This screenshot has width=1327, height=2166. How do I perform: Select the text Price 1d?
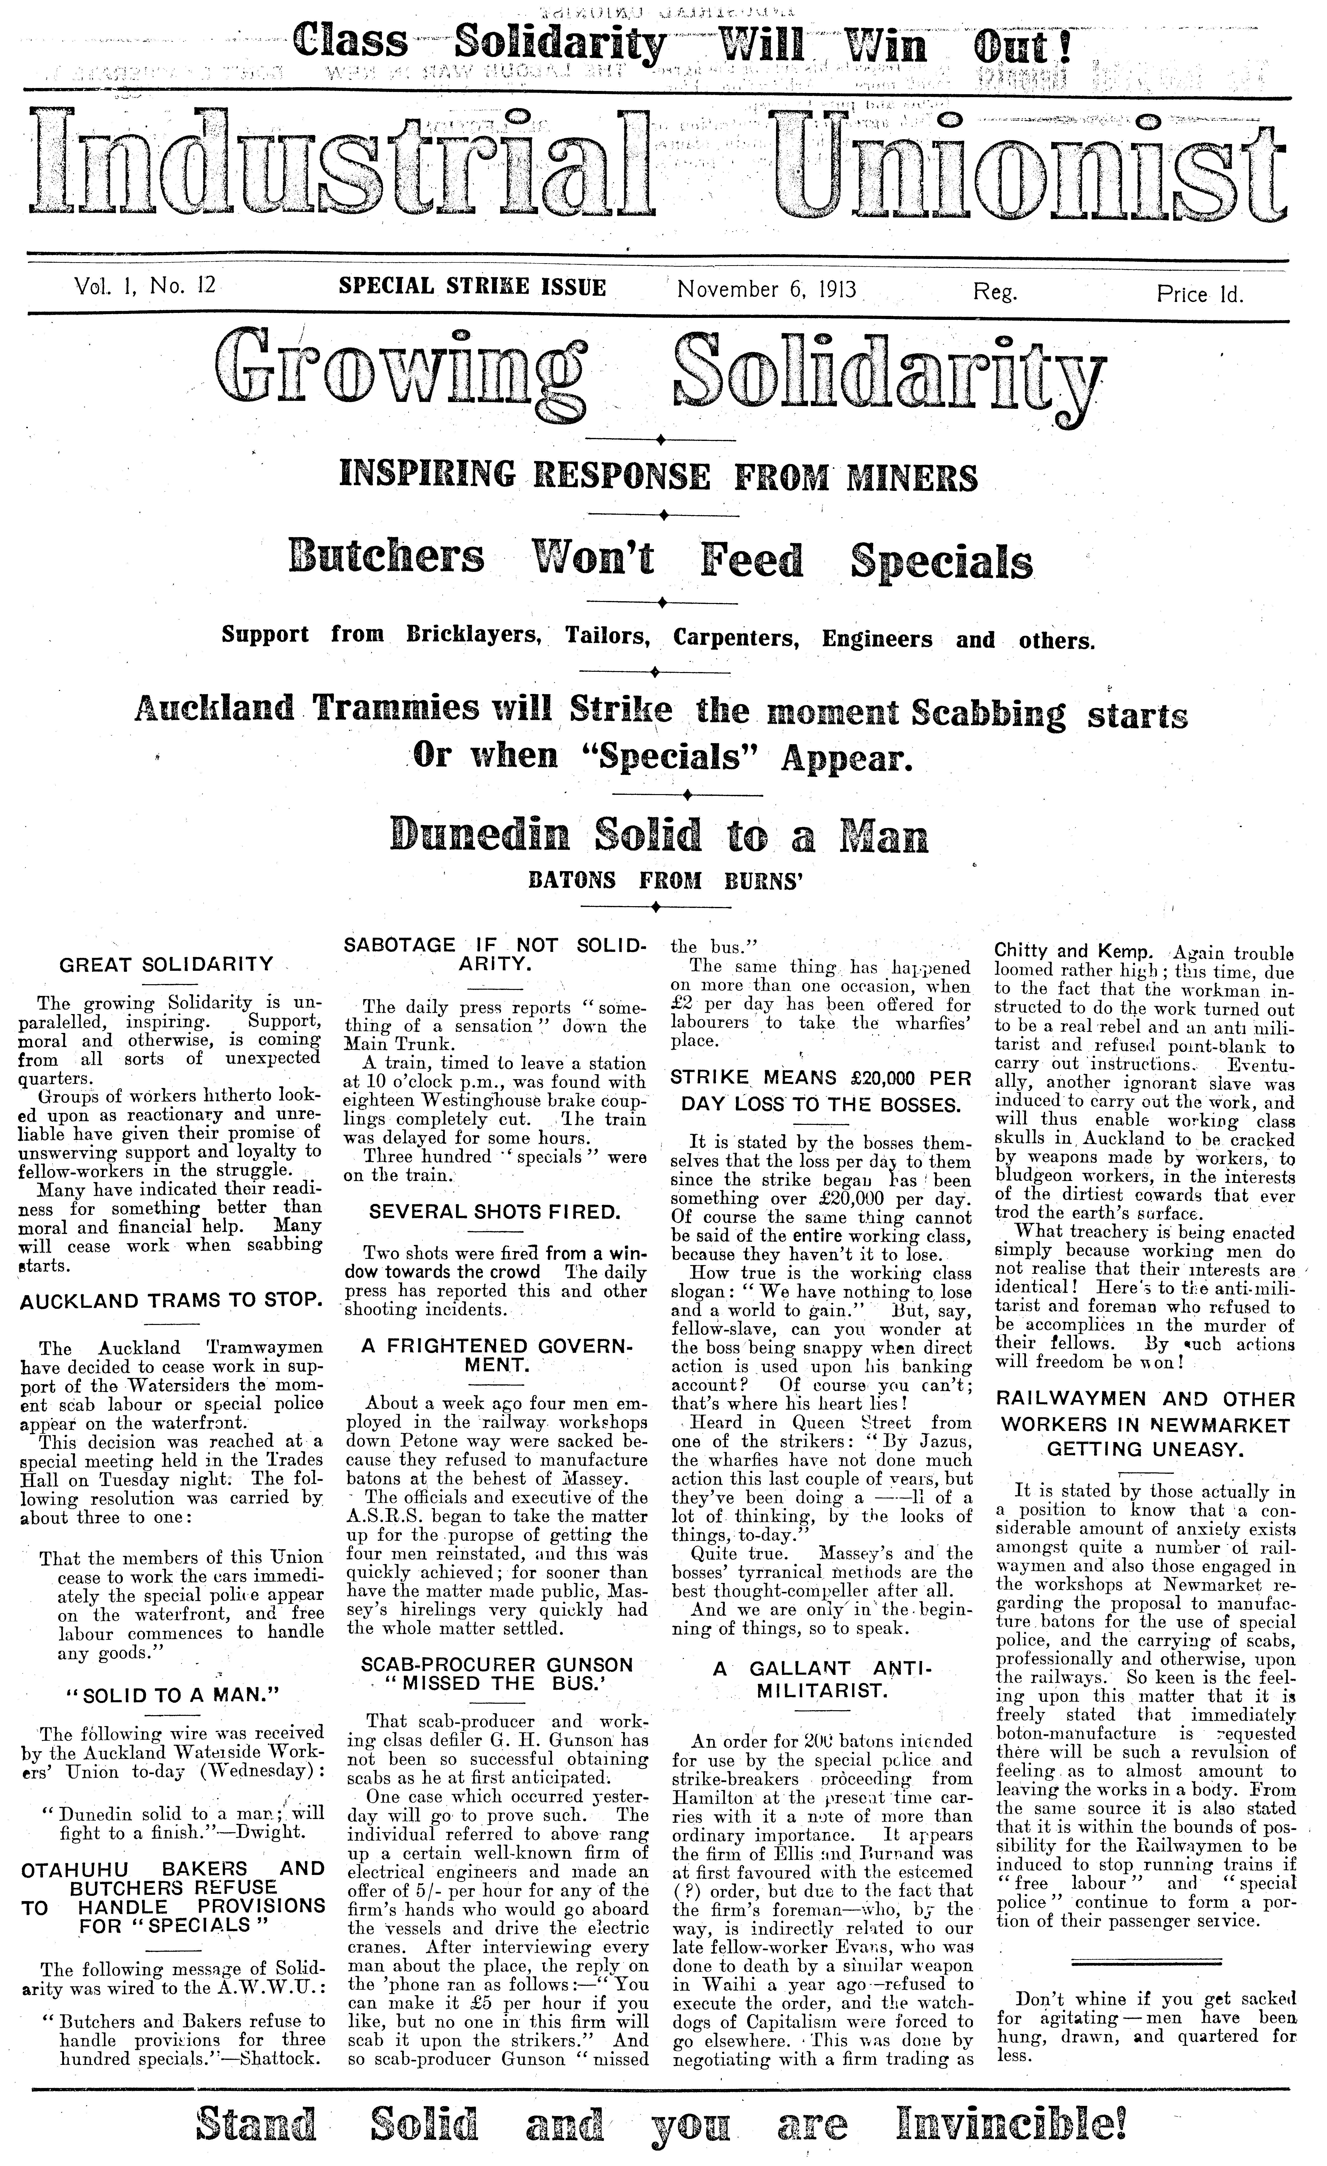(x=1200, y=295)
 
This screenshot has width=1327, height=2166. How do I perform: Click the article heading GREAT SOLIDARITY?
(x=166, y=964)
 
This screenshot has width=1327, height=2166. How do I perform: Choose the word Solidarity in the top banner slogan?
(x=560, y=46)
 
